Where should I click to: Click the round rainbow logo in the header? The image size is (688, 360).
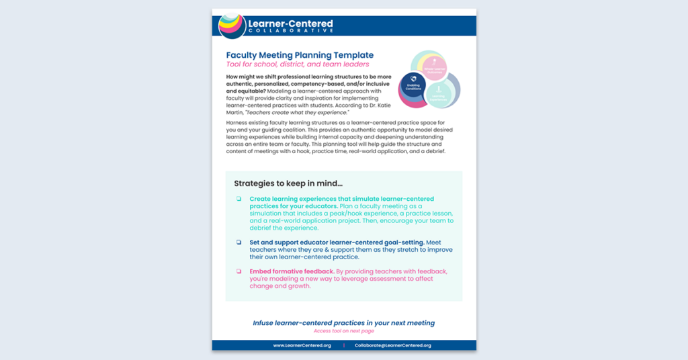coord(232,26)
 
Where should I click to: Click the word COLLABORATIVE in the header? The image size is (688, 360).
coord(290,31)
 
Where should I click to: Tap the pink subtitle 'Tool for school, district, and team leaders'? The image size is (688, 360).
coord(297,64)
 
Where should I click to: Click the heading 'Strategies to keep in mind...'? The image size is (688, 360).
coord(288,183)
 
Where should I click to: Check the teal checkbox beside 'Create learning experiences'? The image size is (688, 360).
coord(239,199)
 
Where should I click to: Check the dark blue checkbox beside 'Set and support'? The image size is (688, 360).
coord(239,242)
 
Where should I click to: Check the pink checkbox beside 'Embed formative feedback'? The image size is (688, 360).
coord(239,271)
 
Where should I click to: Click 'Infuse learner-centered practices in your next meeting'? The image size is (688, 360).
coord(343,323)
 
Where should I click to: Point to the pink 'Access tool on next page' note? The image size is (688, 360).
coord(343,331)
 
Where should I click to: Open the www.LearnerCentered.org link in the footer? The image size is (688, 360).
coord(302,345)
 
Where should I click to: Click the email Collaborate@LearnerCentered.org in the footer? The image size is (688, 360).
coord(393,345)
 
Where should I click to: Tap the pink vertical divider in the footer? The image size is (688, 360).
coord(344,345)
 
